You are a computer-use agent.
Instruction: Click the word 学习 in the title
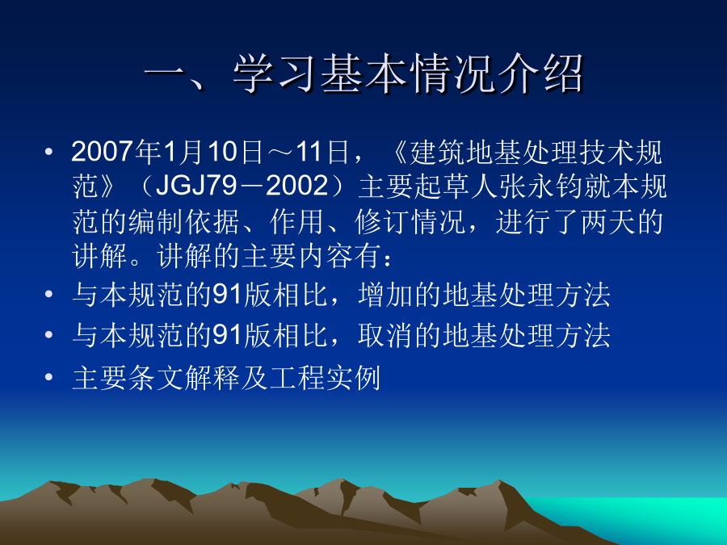[276, 74]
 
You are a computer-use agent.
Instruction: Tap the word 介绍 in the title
[539, 74]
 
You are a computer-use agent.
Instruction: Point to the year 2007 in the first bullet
[103, 152]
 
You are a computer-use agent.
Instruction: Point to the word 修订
[383, 221]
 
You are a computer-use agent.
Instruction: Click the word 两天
[607, 221]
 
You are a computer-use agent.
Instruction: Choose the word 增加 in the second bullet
[386, 295]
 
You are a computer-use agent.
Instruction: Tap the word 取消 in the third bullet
[386, 336]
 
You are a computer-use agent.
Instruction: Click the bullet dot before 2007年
[48, 152]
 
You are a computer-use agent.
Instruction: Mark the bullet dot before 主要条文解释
[48, 377]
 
